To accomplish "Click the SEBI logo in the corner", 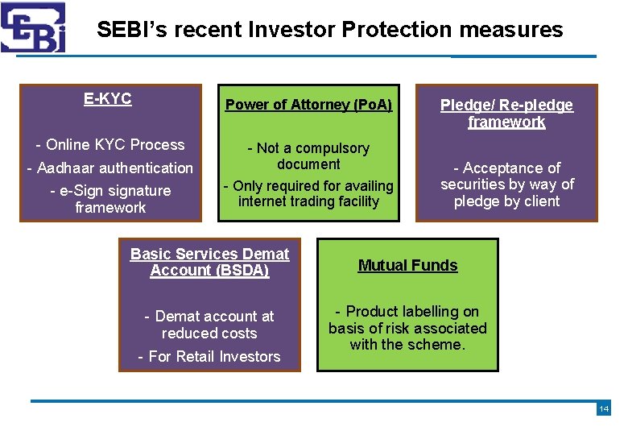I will (x=33, y=27).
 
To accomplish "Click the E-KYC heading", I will (x=107, y=99).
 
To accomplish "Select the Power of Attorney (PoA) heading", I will (x=308, y=105).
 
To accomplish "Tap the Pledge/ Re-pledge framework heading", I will (x=506, y=114).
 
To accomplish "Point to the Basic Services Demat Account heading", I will (x=209, y=262).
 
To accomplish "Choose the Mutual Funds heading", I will (x=407, y=265).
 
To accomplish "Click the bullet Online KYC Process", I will (x=110, y=145).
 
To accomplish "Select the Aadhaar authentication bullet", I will (x=110, y=168).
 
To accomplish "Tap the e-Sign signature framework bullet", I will (x=110, y=199).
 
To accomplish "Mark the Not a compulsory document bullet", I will (x=308, y=155).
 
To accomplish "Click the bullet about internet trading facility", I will (x=308, y=193).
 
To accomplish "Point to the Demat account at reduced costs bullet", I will (x=209, y=325).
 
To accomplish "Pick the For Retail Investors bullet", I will (x=209, y=356).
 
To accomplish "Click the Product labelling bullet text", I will (x=407, y=328).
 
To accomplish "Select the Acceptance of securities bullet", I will (x=506, y=184).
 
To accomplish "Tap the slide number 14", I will (x=603, y=409).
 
